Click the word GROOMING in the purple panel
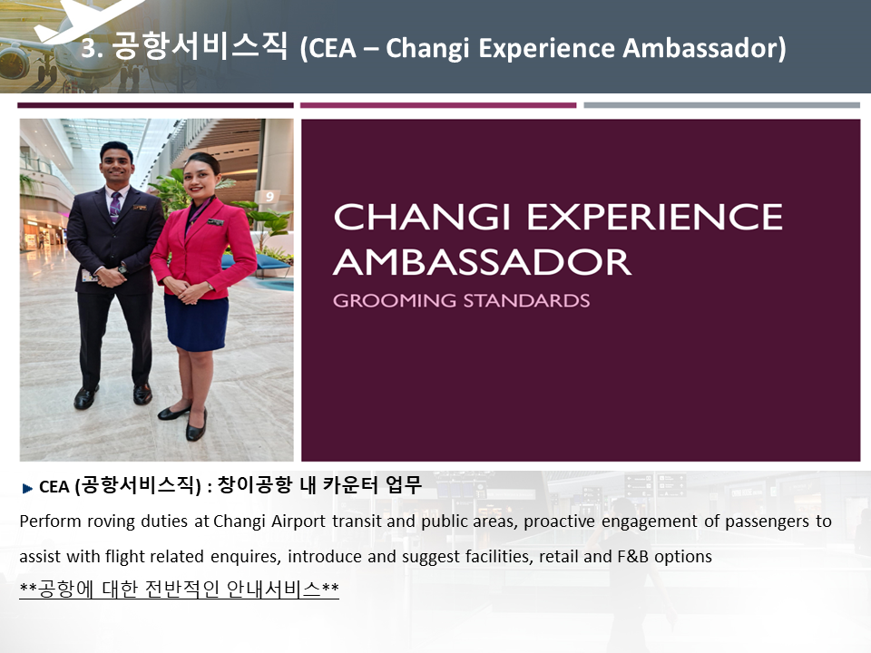point(395,300)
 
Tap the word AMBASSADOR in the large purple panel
point(482,262)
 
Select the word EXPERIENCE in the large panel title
point(654,217)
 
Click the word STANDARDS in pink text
point(526,300)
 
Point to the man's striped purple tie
point(115,207)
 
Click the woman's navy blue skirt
point(196,323)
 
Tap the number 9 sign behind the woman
point(269,197)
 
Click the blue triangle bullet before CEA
point(28,488)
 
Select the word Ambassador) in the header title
point(704,48)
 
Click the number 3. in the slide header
point(93,48)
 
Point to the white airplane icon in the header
point(83,19)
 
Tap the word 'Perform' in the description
point(51,521)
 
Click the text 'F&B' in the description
point(632,556)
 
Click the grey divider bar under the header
point(721,105)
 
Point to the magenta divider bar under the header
point(438,105)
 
